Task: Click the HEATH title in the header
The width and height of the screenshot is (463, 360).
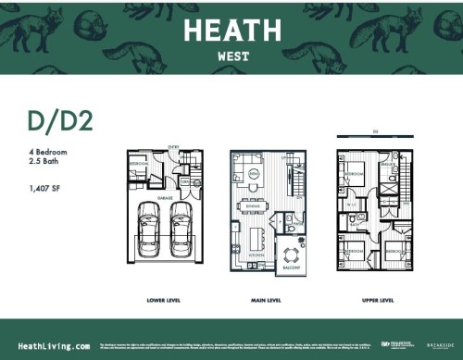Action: click(231, 31)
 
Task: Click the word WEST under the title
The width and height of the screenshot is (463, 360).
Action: click(231, 55)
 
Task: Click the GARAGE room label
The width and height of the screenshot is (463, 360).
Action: click(164, 197)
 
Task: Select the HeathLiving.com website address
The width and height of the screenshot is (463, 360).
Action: click(55, 343)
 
